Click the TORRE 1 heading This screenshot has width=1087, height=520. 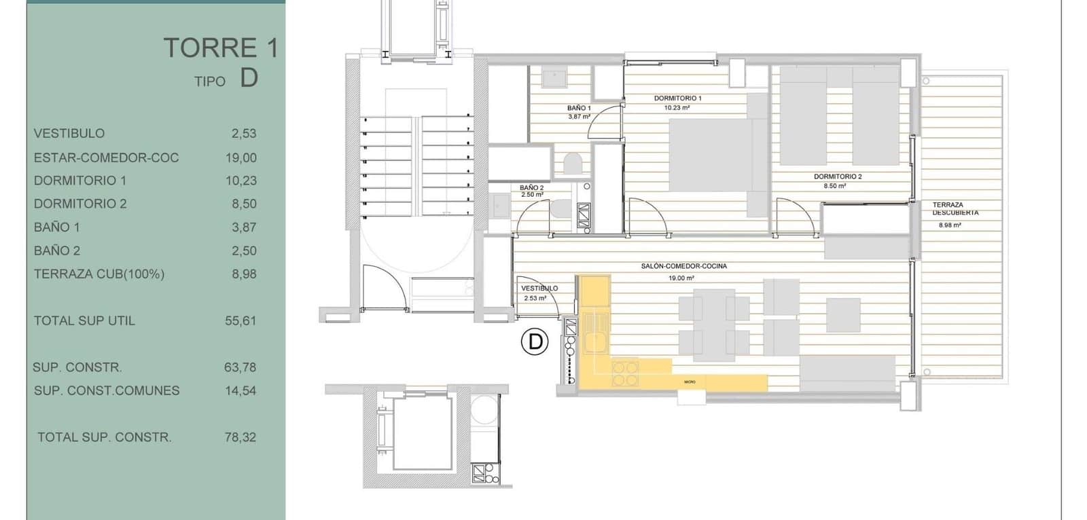coord(221,48)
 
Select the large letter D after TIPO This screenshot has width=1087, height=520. coord(249,78)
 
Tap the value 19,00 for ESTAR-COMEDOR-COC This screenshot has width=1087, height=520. coord(241,157)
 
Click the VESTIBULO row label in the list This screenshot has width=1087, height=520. coord(69,134)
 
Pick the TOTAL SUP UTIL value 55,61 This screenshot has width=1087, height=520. coord(240,320)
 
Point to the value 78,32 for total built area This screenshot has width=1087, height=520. coord(240,437)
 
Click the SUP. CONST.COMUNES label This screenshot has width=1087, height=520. coord(107,390)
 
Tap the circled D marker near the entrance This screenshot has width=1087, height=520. coord(535,341)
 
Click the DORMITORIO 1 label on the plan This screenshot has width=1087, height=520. coord(677,98)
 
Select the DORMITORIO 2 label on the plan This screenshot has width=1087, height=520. coord(838,177)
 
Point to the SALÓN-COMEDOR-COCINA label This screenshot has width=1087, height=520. coord(683,266)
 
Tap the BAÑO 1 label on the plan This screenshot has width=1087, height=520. coord(579,108)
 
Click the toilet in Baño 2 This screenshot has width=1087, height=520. coord(561,210)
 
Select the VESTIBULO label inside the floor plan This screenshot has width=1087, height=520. coord(539,289)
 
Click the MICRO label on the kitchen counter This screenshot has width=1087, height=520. coord(690,382)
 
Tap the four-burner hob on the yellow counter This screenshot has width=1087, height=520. coord(625,373)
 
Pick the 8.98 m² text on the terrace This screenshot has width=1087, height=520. coord(950,225)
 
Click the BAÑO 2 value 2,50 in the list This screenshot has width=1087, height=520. coord(243,250)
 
